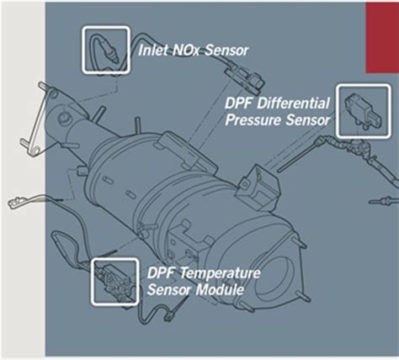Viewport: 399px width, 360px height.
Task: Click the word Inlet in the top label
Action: point(152,50)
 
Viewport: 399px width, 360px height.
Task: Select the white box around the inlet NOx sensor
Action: point(105,49)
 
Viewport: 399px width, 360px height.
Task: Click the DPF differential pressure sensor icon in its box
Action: point(361,109)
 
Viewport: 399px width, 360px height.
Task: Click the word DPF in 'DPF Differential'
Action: point(239,104)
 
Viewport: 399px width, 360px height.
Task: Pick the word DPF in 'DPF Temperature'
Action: point(162,275)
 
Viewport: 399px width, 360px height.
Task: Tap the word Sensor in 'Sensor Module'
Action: point(172,290)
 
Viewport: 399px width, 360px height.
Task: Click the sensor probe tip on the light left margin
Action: point(15,203)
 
